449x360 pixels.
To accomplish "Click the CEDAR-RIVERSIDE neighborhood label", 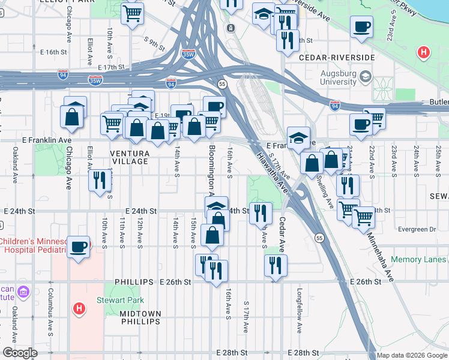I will coord(337,58).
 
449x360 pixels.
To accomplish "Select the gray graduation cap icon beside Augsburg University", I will coord(366,77).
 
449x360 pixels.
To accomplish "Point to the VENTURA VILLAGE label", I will coord(129,157).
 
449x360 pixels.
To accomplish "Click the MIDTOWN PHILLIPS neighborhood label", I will coord(140,317).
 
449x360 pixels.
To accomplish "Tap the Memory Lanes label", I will coord(418,260).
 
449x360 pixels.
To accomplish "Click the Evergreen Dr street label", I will coord(415,229).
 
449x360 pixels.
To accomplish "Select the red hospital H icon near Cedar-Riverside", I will coord(424,53).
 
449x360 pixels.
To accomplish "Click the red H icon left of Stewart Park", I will coord(78,309).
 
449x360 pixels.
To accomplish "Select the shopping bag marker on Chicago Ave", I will coord(72,115).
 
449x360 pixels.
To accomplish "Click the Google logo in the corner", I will coord(20,353).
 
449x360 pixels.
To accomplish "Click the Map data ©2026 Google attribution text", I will coord(411,355).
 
